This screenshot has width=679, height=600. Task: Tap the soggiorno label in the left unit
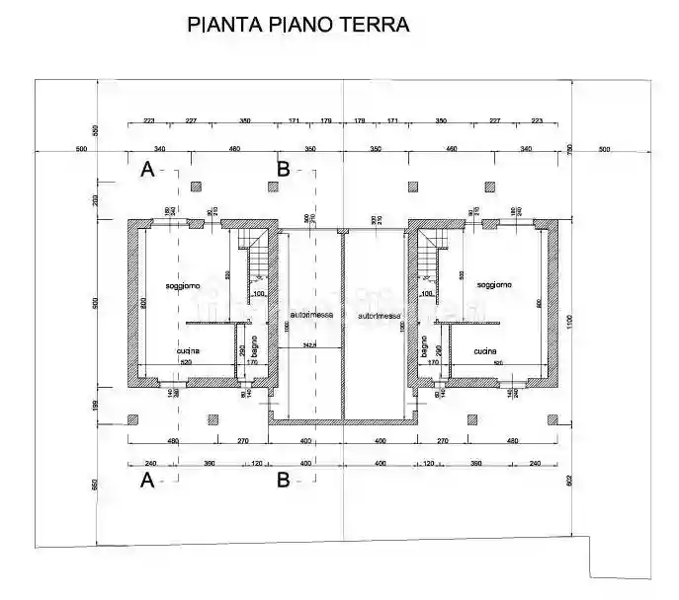(x=183, y=286)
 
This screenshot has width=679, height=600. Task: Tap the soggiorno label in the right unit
(x=493, y=285)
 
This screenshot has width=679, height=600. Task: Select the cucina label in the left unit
(x=188, y=351)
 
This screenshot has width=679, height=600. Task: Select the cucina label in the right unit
(x=484, y=351)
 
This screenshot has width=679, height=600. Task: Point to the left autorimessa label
(x=311, y=315)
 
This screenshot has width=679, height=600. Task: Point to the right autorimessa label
(x=380, y=316)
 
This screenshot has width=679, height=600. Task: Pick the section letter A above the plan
(x=147, y=169)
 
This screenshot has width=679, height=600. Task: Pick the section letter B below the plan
(x=283, y=482)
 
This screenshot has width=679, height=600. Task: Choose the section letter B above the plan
(x=283, y=169)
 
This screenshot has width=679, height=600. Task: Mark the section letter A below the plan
(x=147, y=482)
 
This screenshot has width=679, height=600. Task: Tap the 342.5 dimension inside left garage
(x=308, y=345)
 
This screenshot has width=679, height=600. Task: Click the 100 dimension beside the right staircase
(x=427, y=293)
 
